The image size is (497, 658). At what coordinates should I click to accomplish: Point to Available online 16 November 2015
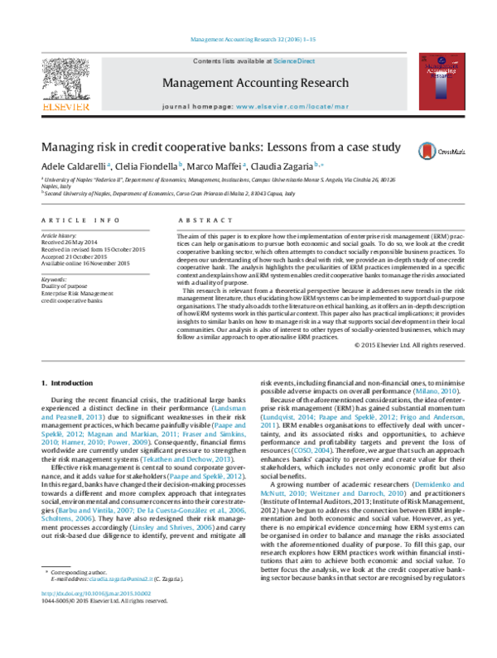click(85, 263)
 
